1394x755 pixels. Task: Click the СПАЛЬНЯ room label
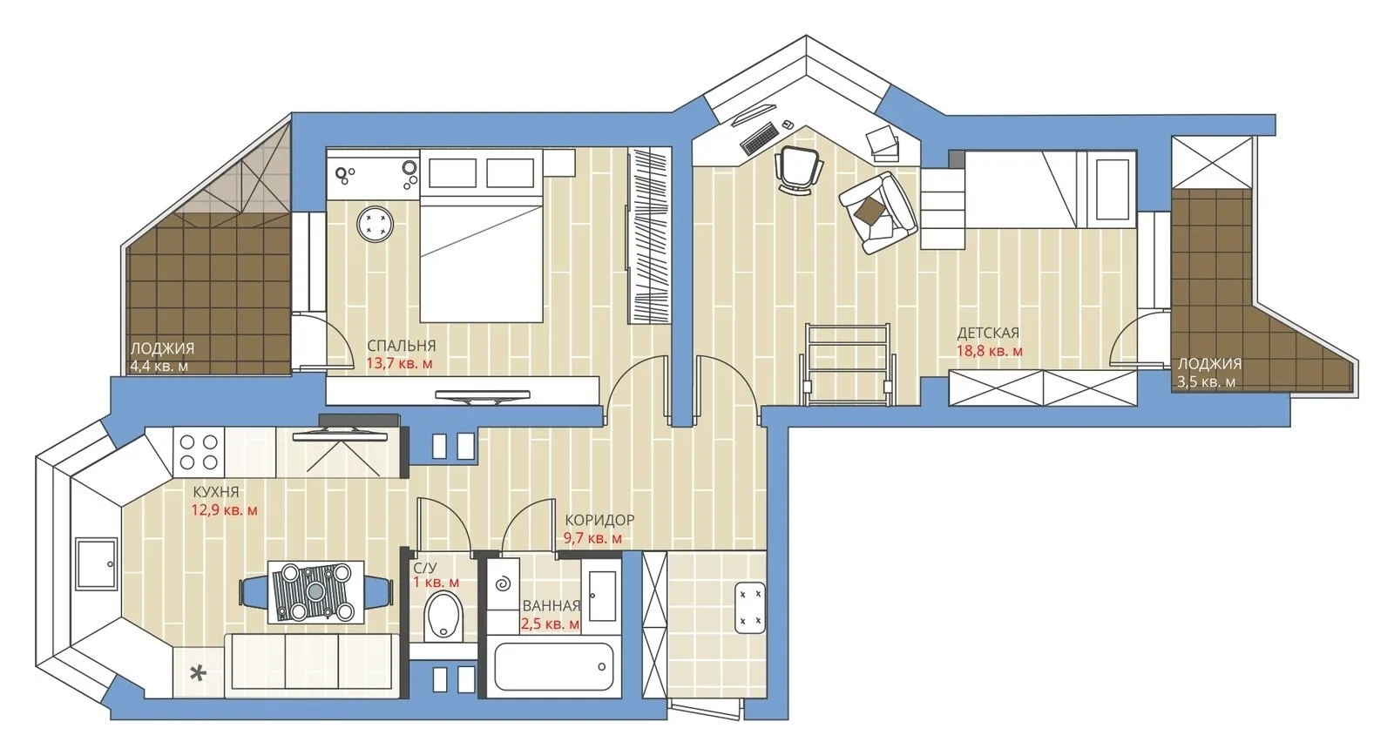[x=401, y=346]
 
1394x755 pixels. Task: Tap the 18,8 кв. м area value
[x=989, y=352]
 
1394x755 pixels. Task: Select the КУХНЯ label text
[x=215, y=492]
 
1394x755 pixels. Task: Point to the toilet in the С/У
[x=444, y=615]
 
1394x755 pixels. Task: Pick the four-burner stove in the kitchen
[x=199, y=452]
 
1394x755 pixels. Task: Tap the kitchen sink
[x=95, y=563]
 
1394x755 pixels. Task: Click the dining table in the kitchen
[x=315, y=592]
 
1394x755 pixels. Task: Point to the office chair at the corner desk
[x=798, y=167]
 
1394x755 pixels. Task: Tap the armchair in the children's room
[x=878, y=212]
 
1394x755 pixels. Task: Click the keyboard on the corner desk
[x=759, y=138]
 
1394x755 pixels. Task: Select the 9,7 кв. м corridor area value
[x=592, y=538]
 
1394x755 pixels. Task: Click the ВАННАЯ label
[x=551, y=606]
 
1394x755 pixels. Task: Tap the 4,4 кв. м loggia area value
[x=159, y=367]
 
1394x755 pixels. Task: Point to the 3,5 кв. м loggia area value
[x=1206, y=382]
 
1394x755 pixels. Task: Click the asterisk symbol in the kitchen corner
[x=199, y=673]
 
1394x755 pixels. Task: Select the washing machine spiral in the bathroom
[x=503, y=583]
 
